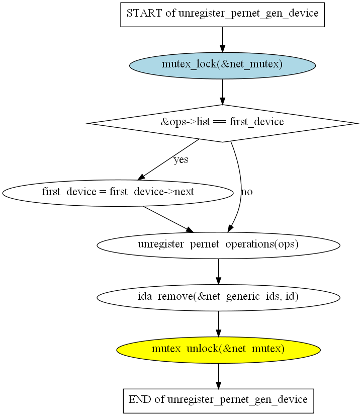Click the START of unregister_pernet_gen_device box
pos(222,14)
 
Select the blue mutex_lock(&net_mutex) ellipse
pos(222,65)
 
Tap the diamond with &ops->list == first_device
pos(222,122)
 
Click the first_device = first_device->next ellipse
pos(118,192)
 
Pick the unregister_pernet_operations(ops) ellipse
pos(218,245)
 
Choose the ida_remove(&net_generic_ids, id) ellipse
pos(218,297)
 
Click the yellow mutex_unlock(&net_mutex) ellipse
pos(218,349)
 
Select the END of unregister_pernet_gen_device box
pos(218,400)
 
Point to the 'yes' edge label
pos(181,160)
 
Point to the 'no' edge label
pos(247,192)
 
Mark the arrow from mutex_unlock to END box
pos(218,375)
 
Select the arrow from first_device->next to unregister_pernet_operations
pos(168,219)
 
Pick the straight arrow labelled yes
pos(168,159)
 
